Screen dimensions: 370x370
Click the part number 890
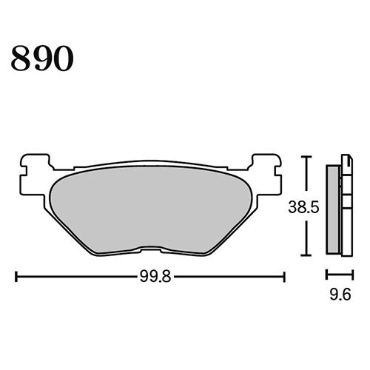tap(41, 58)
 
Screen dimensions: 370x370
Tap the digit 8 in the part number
tap(20, 58)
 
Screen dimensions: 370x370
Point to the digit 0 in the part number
tap(63, 58)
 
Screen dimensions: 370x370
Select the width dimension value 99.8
tap(151, 277)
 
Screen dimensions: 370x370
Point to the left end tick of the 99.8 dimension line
tap(16, 277)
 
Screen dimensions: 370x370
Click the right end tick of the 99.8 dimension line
tap(285, 277)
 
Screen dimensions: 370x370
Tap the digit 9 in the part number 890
tap(41, 58)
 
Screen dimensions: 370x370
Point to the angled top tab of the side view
tap(345, 158)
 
